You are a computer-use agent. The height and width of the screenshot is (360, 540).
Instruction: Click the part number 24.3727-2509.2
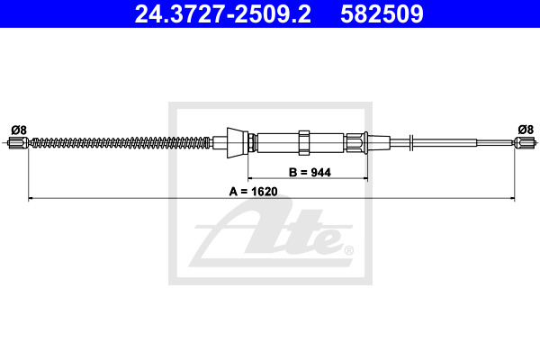(x=222, y=14)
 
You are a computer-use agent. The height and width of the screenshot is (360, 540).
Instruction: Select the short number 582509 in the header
(x=382, y=14)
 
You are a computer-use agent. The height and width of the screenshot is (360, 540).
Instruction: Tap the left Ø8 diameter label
(x=19, y=130)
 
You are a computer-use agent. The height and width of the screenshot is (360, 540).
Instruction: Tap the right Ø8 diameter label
(x=526, y=130)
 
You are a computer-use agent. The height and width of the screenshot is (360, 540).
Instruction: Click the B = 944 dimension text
(x=310, y=172)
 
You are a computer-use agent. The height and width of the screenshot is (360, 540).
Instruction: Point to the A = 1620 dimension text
(x=254, y=192)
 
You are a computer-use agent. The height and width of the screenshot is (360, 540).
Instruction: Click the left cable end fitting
(x=18, y=142)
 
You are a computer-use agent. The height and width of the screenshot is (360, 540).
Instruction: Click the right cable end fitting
(x=525, y=142)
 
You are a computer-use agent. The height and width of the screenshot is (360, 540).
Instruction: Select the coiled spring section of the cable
(x=121, y=142)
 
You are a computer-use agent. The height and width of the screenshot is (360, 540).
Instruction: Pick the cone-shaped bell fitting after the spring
(x=238, y=142)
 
